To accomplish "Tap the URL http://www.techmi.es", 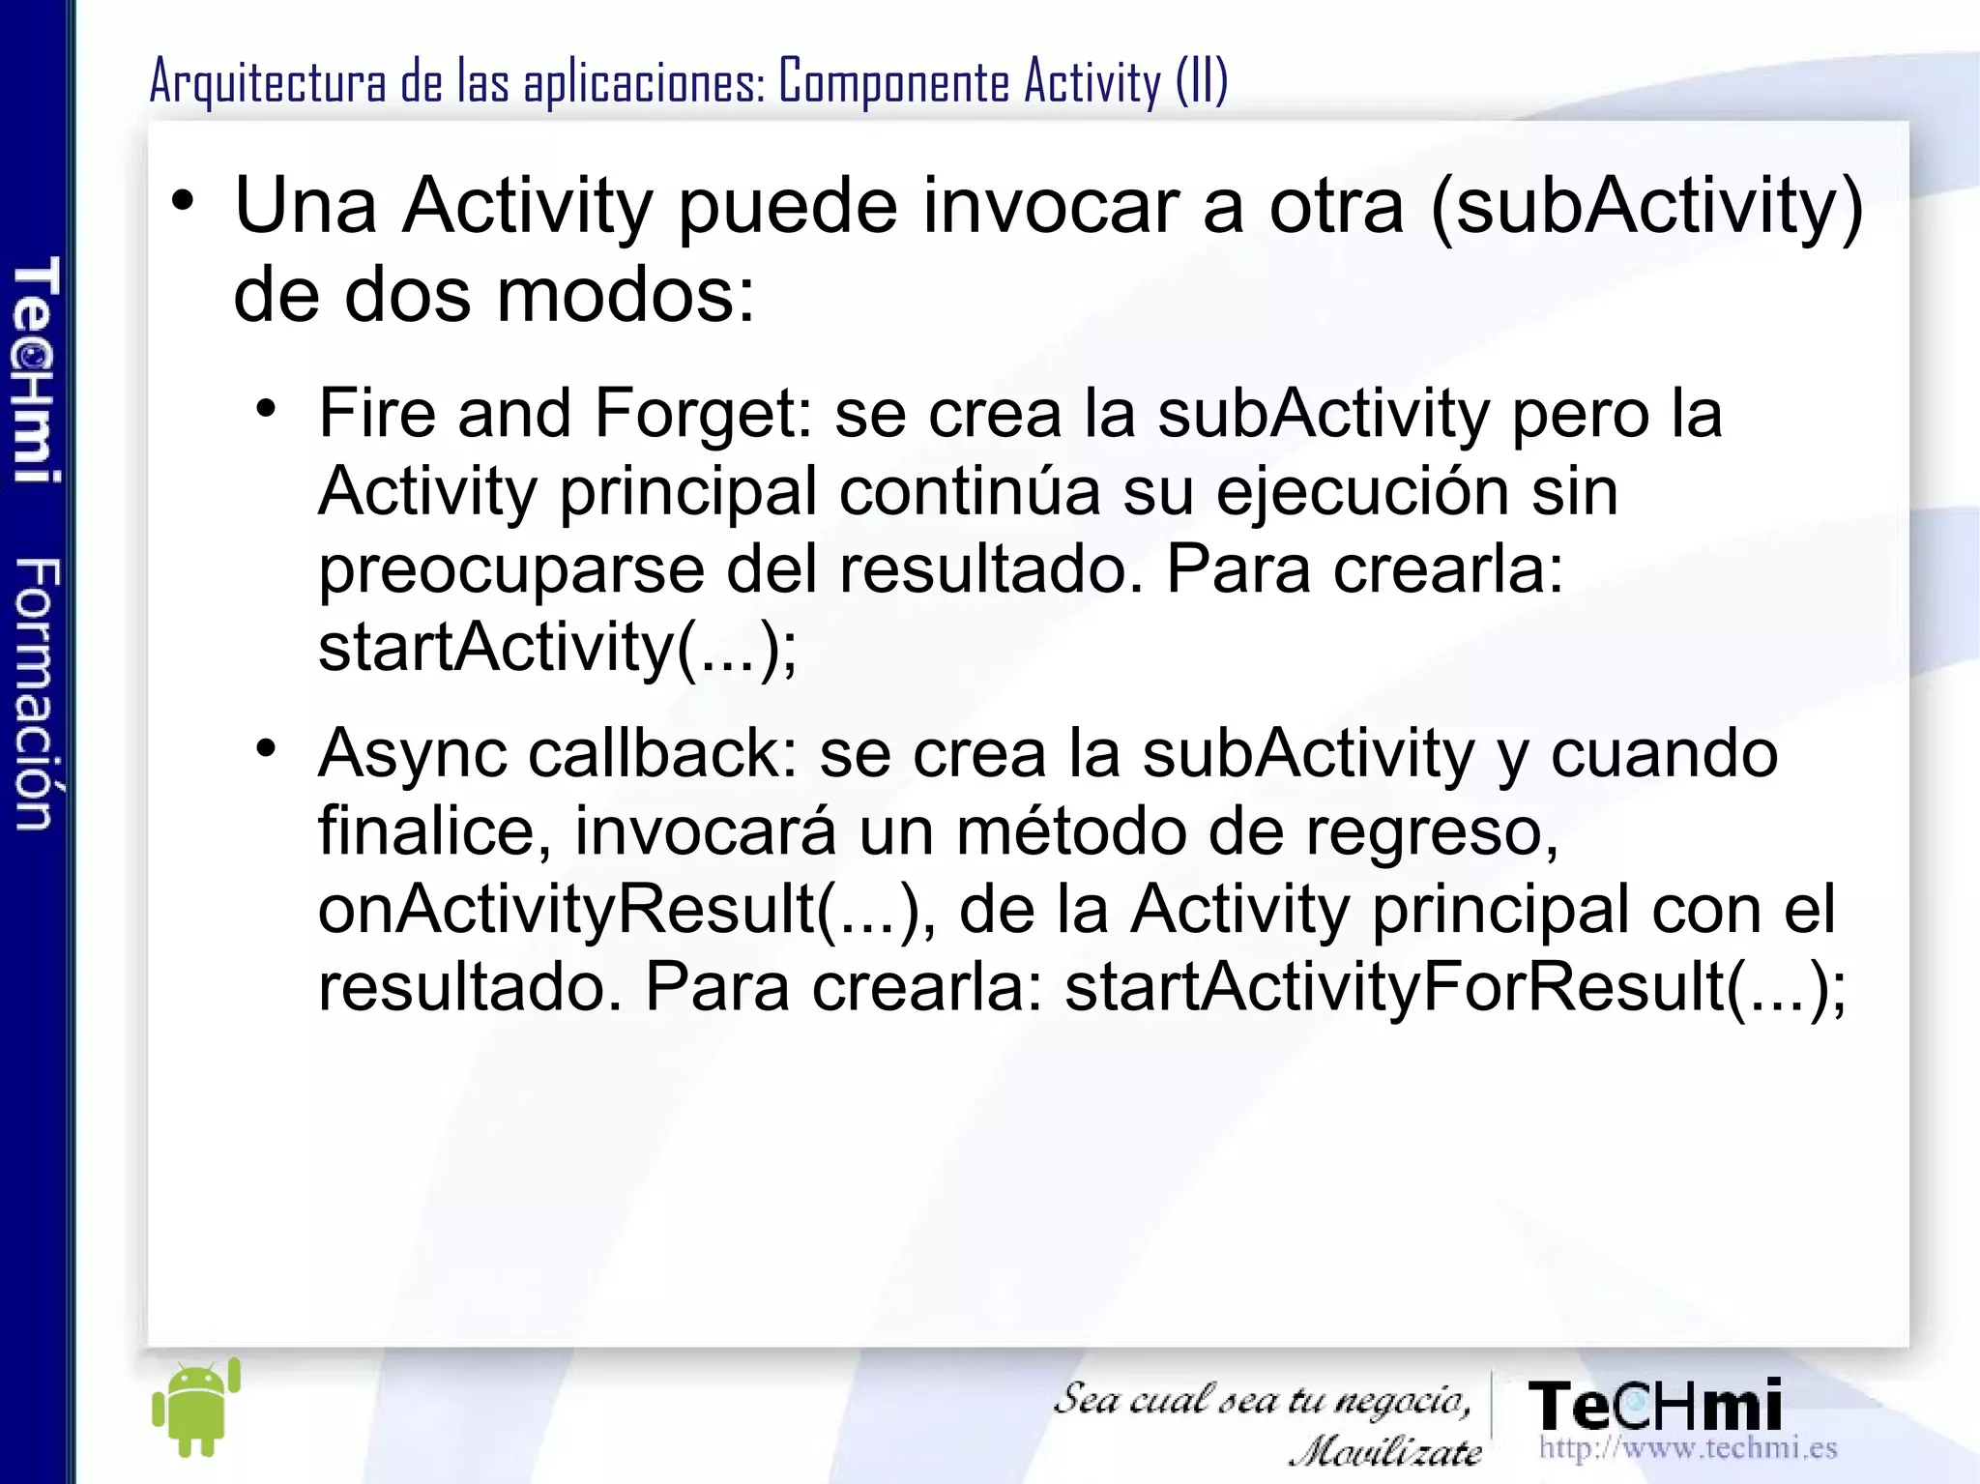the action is click(x=1687, y=1447).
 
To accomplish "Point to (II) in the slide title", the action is click(x=1202, y=81).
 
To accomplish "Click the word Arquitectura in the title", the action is click(x=268, y=81).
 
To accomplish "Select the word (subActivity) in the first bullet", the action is click(x=1645, y=206).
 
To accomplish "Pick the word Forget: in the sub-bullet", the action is click(x=703, y=414).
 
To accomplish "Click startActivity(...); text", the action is click(x=558, y=648).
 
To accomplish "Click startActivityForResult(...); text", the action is click(x=1455, y=987).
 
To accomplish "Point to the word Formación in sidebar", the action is click(x=37, y=693).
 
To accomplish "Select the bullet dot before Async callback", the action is click(x=267, y=748).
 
